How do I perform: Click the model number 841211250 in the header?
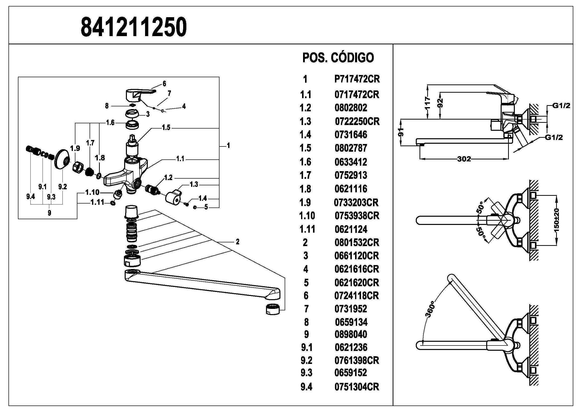134,27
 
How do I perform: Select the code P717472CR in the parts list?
357,79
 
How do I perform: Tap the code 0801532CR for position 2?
357,243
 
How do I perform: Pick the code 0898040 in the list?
351,334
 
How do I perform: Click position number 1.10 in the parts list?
307,216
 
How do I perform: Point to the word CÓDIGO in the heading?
352,58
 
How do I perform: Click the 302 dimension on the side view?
464,159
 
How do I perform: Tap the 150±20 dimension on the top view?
557,220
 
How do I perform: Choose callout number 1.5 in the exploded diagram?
166,128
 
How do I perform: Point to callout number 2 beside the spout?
237,242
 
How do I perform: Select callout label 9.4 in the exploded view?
30,196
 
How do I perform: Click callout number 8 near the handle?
107,106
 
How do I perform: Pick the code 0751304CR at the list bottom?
357,387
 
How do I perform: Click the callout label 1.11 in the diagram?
97,203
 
